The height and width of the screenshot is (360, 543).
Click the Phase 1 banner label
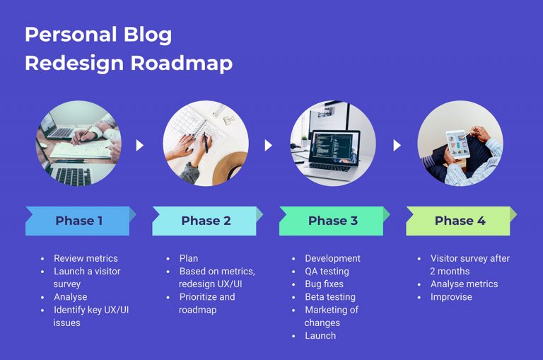point(78,221)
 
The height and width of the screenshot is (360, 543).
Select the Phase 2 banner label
point(206,221)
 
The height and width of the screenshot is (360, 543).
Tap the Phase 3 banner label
point(332,221)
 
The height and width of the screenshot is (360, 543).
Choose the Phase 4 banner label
point(460,221)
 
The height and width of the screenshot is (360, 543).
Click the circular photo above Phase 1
point(78,144)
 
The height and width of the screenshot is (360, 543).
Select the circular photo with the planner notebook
point(206,144)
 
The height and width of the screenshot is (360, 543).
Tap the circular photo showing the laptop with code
point(333,144)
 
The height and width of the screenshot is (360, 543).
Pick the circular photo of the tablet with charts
point(460,144)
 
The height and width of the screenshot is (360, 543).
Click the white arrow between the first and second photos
point(140,145)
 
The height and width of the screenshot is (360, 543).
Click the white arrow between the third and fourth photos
point(397,145)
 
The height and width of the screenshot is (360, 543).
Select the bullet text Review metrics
point(86,258)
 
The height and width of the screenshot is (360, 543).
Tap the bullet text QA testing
point(327,271)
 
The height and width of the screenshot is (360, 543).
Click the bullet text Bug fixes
point(324,284)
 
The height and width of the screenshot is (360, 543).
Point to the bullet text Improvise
point(451,297)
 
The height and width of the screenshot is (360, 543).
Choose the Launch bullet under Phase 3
point(320,335)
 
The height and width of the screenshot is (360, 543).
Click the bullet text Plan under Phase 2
point(189,258)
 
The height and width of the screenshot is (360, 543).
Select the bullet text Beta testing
point(330,297)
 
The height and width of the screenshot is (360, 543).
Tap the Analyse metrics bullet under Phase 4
point(464,284)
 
